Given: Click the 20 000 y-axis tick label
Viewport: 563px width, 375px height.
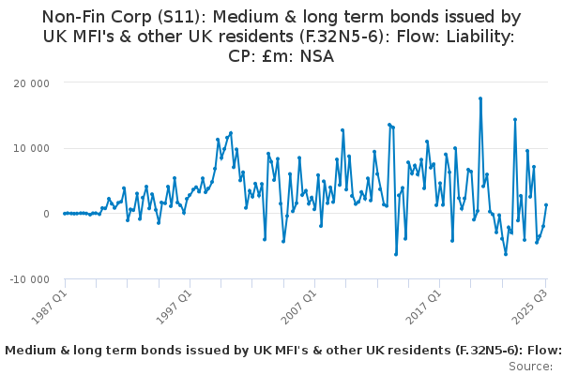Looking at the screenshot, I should coord(31,82).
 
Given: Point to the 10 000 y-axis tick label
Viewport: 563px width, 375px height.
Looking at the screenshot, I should coord(31,148).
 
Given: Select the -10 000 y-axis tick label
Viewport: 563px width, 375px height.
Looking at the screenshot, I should coord(29,279).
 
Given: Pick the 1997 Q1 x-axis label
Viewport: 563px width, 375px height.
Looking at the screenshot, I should coord(174,304).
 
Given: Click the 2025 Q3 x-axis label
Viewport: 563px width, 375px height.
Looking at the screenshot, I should coord(530,304).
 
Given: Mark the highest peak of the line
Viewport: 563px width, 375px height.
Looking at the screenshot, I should coord(480,97).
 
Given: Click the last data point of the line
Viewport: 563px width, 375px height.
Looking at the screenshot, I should coord(546,205).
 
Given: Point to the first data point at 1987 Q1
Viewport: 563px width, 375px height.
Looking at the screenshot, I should coord(65,214).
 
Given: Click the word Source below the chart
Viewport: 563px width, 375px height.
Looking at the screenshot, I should coord(530,366).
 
